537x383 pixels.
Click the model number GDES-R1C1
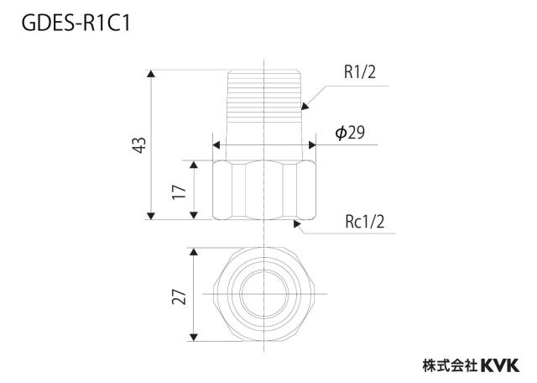click(x=76, y=24)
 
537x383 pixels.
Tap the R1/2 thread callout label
click(x=360, y=72)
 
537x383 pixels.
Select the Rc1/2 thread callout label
click(x=364, y=222)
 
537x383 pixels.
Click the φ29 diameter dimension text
click(x=350, y=133)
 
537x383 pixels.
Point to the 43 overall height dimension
click(x=139, y=145)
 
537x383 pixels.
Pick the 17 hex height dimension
click(x=179, y=192)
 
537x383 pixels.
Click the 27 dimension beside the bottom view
click(x=179, y=296)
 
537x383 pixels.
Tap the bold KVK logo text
click(x=500, y=365)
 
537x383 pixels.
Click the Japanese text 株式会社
click(x=450, y=365)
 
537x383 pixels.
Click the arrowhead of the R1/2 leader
click(x=305, y=106)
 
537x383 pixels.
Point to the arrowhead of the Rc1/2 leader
click(x=297, y=224)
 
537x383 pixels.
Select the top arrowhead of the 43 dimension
click(x=151, y=74)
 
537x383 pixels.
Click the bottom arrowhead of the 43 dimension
click(x=151, y=215)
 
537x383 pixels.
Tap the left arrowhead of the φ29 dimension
click(x=216, y=144)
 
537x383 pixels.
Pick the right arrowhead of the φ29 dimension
click(x=312, y=144)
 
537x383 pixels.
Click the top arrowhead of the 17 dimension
click(x=194, y=165)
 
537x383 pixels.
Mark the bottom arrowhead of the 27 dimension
click(x=194, y=337)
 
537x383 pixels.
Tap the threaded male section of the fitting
click(x=264, y=115)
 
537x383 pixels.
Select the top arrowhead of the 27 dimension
click(x=194, y=252)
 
